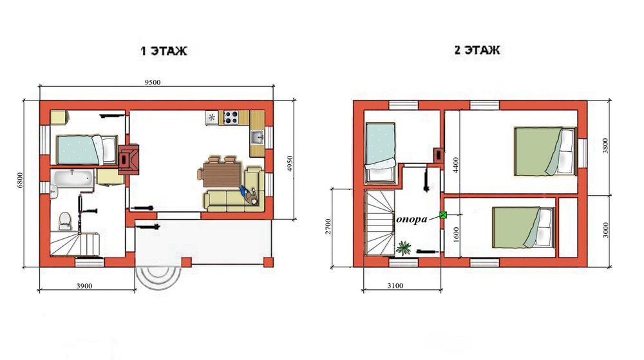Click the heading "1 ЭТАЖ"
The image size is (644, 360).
pos(164,51)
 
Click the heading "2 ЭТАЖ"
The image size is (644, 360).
pos(477,50)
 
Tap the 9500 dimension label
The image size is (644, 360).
pos(153,82)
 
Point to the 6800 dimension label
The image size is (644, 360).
pos(20,180)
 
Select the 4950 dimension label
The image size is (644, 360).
pos(290,164)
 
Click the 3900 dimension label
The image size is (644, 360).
pos(84,286)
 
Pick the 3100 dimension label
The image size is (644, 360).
pos(395,286)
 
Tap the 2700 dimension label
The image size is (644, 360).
pos(328,227)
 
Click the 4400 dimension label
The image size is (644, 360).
pos(457,166)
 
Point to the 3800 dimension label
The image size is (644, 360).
pos(605,146)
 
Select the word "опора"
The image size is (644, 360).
pos(412,220)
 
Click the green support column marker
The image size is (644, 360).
pos(443,214)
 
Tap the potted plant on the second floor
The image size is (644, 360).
pos(404,248)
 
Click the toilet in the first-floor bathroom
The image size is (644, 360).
pos(65,220)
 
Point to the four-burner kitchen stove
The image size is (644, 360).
pos(231,117)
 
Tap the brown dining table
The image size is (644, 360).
pos(222,175)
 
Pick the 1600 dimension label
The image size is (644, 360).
pos(457,235)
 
